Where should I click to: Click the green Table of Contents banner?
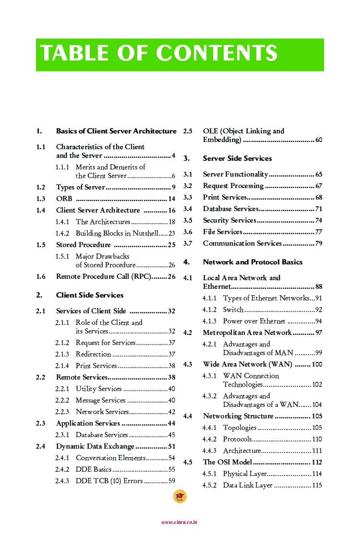click(180, 55)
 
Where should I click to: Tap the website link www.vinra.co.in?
click(179, 522)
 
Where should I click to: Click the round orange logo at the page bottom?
click(180, 497)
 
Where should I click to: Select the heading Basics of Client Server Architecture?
click(116, 131)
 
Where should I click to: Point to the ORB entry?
click(64, 199)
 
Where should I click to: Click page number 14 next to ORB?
click(172, 199)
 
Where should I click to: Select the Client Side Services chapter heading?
click(90, 295)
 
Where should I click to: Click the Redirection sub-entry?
click(94, 354)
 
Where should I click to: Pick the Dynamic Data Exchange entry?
click(95, 446)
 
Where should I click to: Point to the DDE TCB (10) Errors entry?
click(109, 481)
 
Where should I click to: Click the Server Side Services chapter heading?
click(237, 158)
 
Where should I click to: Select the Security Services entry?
click(229, 220)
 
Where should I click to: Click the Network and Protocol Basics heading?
click(252, 262)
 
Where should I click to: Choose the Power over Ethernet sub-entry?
click(254, 321)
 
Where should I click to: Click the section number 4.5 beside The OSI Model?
click(188, 462)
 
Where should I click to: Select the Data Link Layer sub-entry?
click(248, 485)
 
